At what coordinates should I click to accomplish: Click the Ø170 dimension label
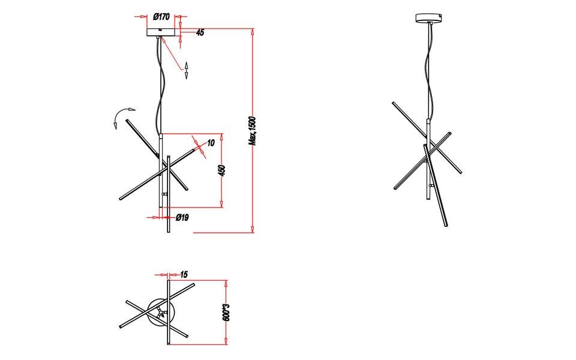(161, 17)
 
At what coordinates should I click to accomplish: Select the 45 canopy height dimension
(200, 33)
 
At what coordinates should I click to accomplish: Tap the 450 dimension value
(221, 170)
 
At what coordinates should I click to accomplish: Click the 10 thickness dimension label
(211, 143)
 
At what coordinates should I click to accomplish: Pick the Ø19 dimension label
(182, 218)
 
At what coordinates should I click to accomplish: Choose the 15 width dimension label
(184, 275)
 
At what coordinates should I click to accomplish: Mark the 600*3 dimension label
(226, 313)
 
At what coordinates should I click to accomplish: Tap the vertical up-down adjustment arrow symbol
(187, 70)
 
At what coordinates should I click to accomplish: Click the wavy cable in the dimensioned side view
(161, 90)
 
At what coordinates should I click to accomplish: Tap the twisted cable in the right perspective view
(430, 72)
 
